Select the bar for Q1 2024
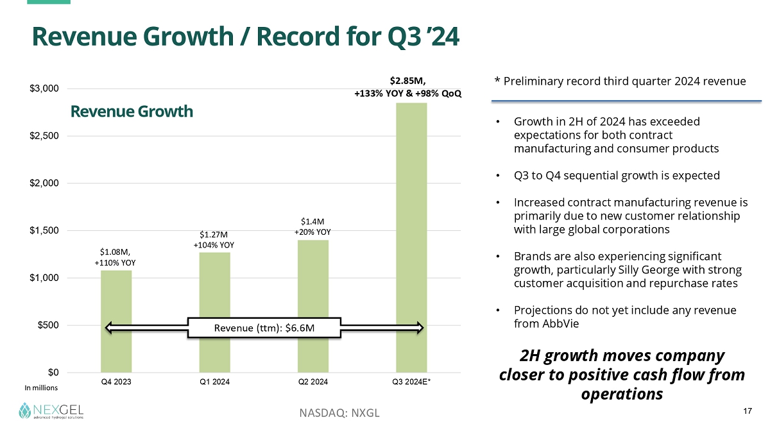tap(214, 289)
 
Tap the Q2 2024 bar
tap(313, 282)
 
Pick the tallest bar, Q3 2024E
tap(411, 237)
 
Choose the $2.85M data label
tap(407, 81)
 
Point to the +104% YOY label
tap(214, 244)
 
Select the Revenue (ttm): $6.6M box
tap(264, 328)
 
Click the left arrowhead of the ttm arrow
tap(110, 328)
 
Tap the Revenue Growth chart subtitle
tap(132, 112)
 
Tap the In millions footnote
tap(41, 388)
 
